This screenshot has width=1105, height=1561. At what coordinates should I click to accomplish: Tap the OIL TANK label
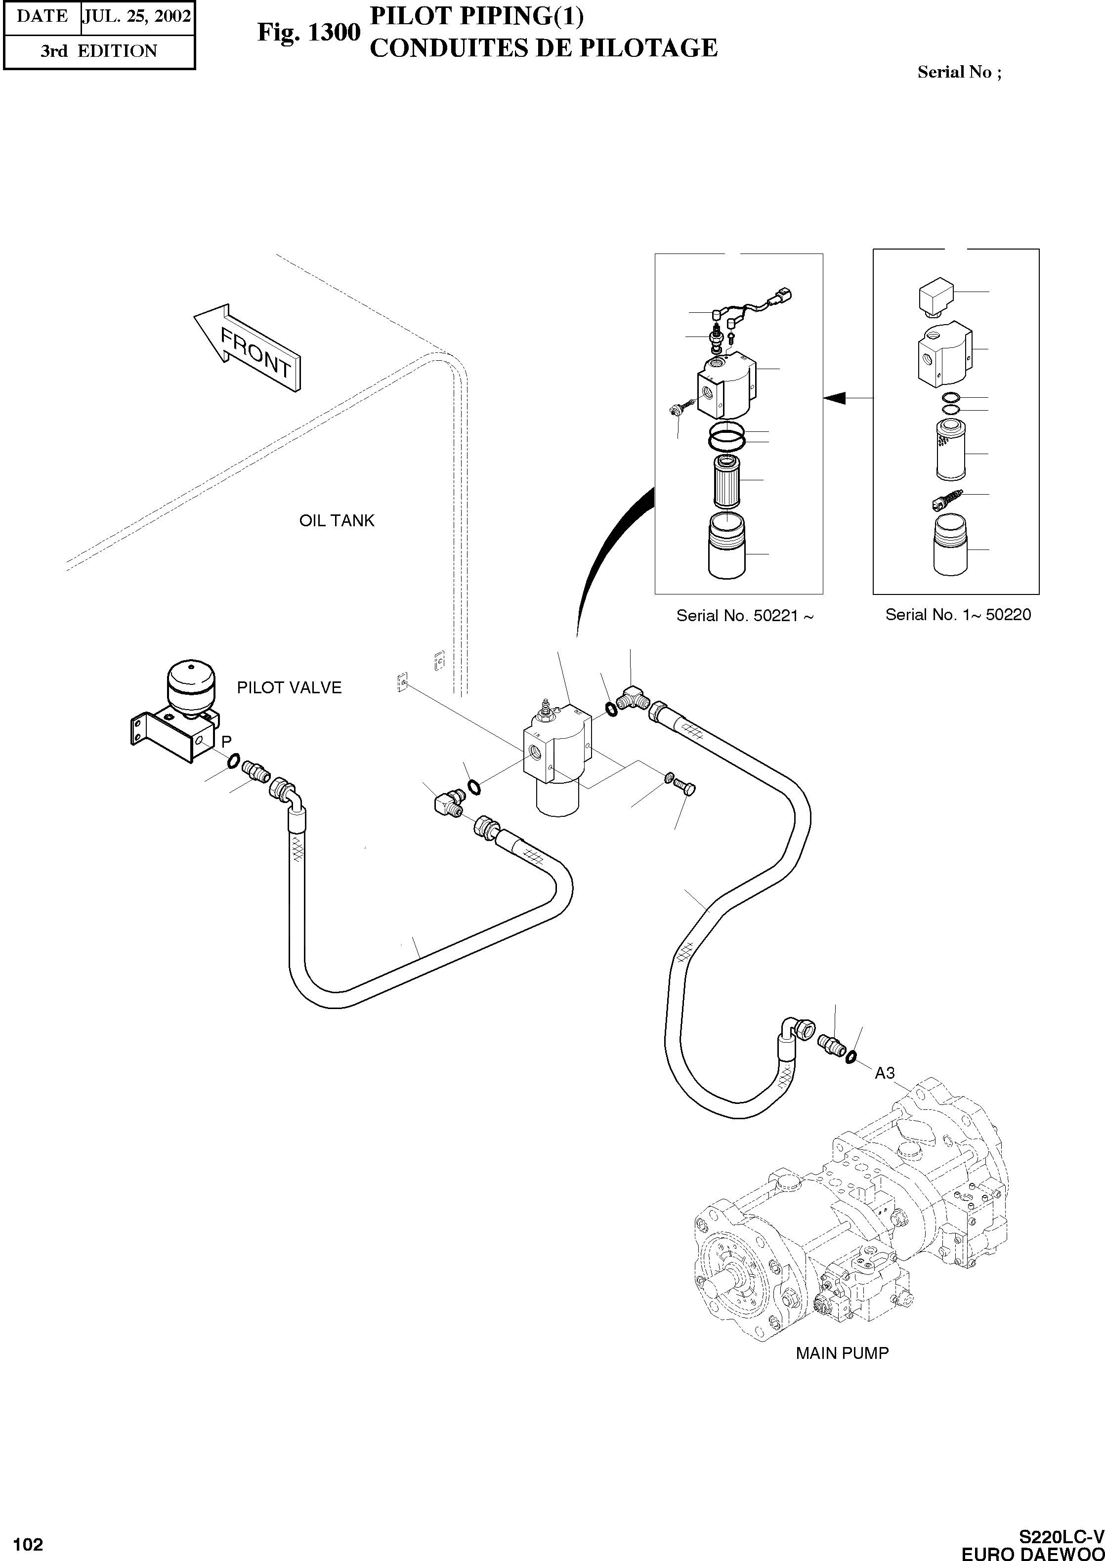click(x=337, y=521)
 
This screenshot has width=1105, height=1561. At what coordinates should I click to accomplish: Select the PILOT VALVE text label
click(x=289, y=688)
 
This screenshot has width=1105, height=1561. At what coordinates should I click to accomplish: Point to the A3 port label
click(x=885, y=1073)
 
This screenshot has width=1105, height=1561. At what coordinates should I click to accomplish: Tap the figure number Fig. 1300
click(x=308, y=32)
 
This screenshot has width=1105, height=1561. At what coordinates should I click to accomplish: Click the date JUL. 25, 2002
click(x=137, y=16)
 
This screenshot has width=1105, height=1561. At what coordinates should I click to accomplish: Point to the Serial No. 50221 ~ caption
click(x=745, y=616)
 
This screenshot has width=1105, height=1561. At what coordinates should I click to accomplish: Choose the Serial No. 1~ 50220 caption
click(x=958, y=615)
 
